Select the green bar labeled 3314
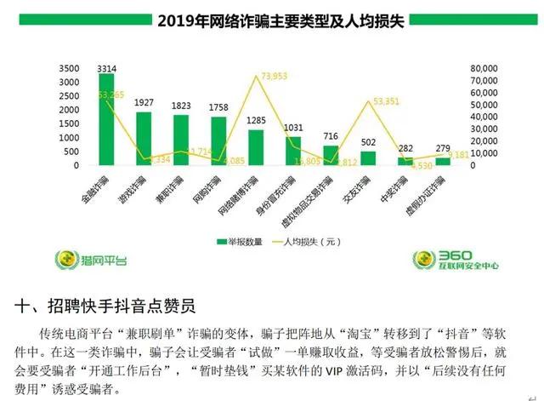pyautogui.click(x=106, y=119)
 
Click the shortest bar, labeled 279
pyautogui.click(x=442, y=161)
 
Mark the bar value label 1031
pyautogui.click(x=292, y=128)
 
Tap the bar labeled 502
pyautogui.click(x=367, y=158)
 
